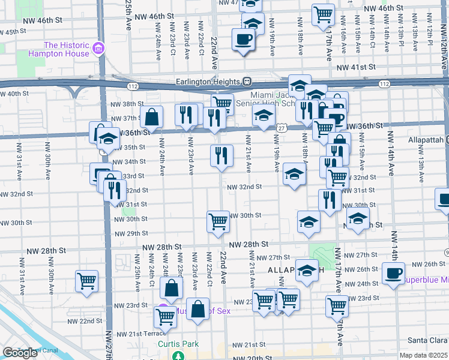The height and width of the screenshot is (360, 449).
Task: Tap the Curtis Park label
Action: tap(178, 344)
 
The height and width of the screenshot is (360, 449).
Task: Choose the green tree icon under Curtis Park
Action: tap(178, 356)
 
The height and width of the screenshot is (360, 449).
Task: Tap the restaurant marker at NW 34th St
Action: tap(221, 155)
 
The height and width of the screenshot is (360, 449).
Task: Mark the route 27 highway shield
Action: tap(281, 128)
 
